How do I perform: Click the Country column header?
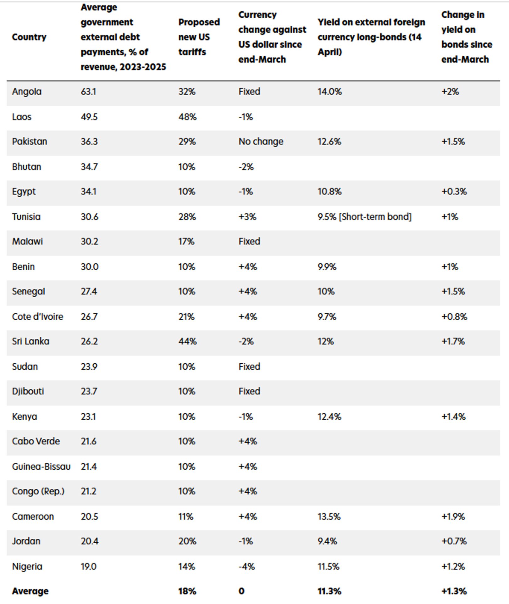coord(29,37)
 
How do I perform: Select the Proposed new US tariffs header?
coord(199,37)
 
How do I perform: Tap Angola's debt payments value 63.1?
coord(88,92)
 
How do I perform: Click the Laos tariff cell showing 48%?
coord(187,117)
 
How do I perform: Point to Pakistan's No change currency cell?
coord(261,142)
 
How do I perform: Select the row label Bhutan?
coord(26,167)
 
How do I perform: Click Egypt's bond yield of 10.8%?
coord(329,192)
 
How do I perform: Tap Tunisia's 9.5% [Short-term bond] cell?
coord(364,217)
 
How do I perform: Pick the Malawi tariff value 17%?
coord(186,242)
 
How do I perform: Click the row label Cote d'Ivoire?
coord(37,316)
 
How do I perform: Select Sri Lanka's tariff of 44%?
coord(187,341)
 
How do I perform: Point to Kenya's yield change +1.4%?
coord(453,417)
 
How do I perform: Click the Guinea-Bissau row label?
coord(41,466)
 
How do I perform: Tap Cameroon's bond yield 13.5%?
coord(329,517)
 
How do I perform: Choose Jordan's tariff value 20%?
coord(187,541)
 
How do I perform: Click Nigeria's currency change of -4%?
coord(246,567)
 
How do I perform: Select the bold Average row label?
coord(30,591)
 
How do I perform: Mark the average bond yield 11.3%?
coord(329,591)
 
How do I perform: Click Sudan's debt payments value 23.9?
coord(89,366)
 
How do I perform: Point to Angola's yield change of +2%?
coord(450,92)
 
